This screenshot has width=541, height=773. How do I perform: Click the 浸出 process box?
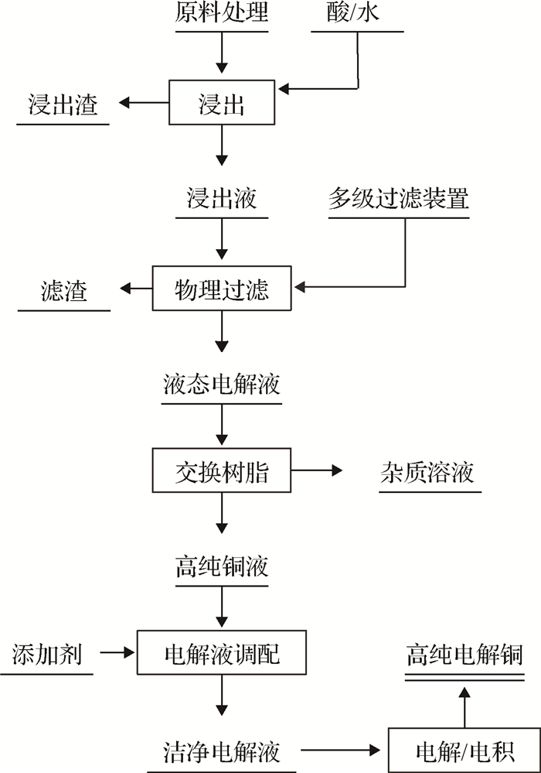[x=222, y=103]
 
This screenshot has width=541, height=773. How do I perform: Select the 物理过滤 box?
[x=222, y=289]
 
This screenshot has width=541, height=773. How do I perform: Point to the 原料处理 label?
[x=222, y=14]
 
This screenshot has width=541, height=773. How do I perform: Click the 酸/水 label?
[x=357, y=14]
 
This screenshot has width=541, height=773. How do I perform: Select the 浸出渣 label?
[x=63, y=104]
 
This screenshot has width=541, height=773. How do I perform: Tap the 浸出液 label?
[x=222, y=198]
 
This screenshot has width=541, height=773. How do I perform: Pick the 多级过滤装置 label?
[x=399, y=198]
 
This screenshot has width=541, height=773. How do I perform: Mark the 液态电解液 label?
[x=222, y=384]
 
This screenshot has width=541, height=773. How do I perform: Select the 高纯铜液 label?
[x=222, y=567]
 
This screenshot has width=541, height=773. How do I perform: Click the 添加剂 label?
[x=46, y=655]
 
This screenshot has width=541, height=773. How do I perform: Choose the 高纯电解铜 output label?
[x=464, y=656]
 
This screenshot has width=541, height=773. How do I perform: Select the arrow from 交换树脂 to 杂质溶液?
[x=317, y=470]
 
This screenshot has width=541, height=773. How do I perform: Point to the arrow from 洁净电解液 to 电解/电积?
[x=344, y=750]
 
